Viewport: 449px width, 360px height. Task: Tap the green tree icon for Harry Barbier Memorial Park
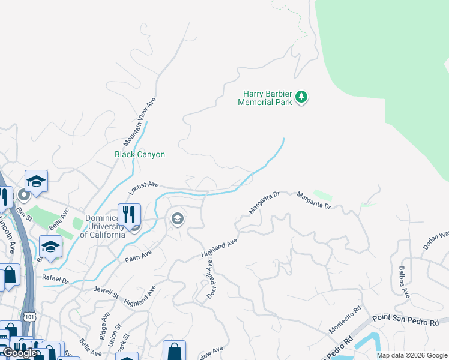302,97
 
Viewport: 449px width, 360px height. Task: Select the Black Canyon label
140,154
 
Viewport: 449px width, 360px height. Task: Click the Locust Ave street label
143,188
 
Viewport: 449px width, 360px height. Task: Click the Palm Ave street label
138,256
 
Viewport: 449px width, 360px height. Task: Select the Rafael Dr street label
56,279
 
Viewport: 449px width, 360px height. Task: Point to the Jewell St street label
107,292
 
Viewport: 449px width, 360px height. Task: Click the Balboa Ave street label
402,283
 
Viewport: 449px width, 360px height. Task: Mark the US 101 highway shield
29,315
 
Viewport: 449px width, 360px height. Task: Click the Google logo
20,353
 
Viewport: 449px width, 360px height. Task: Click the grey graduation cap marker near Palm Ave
178,219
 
